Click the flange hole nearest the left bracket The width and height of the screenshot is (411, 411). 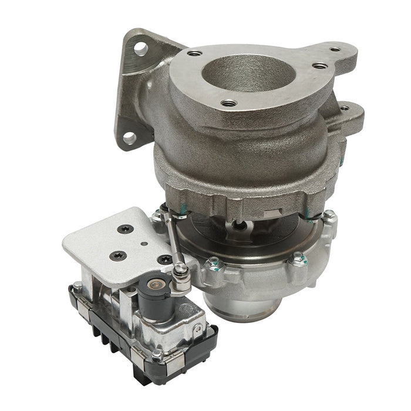click(x=192, y=54)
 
